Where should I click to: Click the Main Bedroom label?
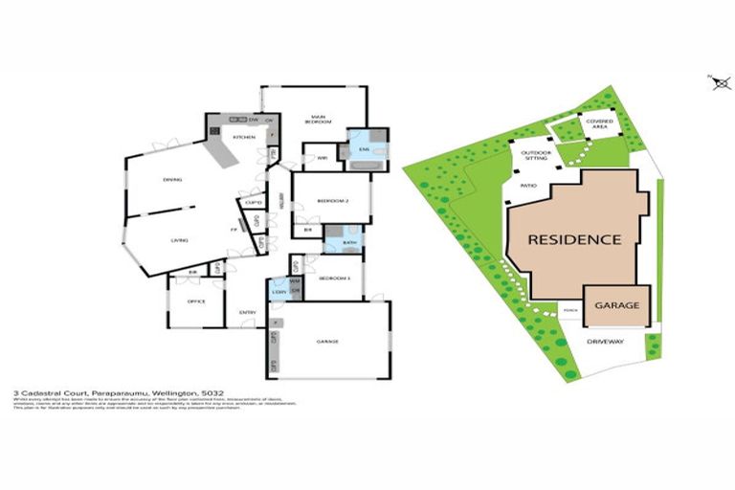(x=319, y=120)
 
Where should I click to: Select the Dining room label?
(x=172, y=179)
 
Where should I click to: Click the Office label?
(x=195, y=301)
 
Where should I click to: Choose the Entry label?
(x=247, y=312)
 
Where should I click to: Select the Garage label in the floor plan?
(x=328, y=341)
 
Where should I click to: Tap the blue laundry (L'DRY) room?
(x=278, y=290)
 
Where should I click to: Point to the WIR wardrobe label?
(x=322, y=156)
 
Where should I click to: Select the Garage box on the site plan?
(x=616, y=305)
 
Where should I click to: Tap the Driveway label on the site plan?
(x=605, y=340)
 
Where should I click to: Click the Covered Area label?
(x=600, y=123)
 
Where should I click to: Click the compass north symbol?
(x=720, y=83)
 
